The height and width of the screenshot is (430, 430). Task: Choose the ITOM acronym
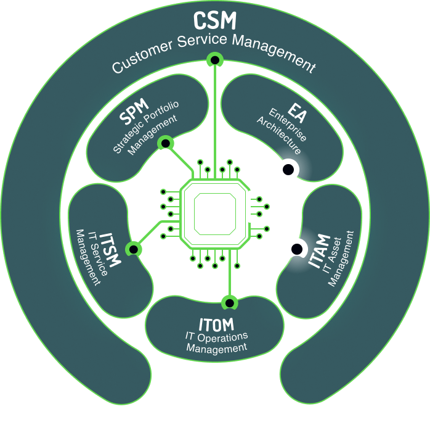(x=216, y=325)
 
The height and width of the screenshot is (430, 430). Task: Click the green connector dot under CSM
(x=214, y=60)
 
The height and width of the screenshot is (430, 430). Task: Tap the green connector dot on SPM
(x=165, y=144)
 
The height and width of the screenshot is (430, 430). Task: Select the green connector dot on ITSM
(x=133, y=249)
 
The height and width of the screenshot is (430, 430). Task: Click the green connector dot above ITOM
(x=229, y=302)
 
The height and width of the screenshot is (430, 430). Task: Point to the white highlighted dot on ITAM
(x=296, y=248)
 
